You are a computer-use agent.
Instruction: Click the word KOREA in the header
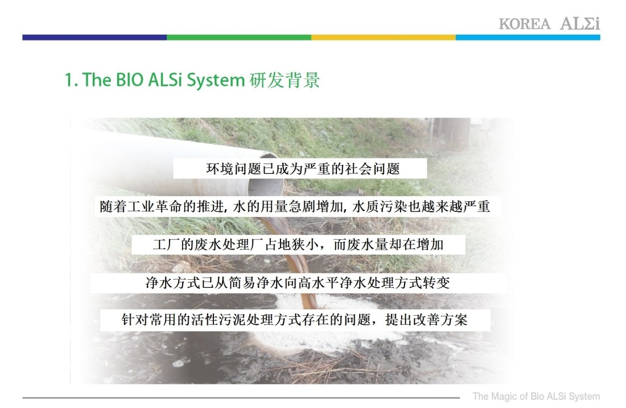coord(524,24)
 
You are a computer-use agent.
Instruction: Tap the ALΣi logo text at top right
coord(580,23)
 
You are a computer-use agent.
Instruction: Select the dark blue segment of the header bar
coord(94,38)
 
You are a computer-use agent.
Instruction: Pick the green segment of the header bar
coord(239,38)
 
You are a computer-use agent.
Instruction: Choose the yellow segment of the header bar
coord(384,38)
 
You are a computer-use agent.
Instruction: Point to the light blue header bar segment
coord(528,38)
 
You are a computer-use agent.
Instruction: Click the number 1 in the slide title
coord(69,80)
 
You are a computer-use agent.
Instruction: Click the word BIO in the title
coord(129,80)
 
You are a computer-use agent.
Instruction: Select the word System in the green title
coord(216,80)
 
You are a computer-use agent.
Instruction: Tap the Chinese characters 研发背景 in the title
coord(285,80)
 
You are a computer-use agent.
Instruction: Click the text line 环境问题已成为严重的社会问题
coord(303,169)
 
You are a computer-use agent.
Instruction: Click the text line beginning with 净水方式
coord(298,283)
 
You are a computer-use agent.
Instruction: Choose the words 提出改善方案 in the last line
coord(426,320)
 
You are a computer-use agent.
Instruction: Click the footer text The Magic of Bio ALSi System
coord(536,397)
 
